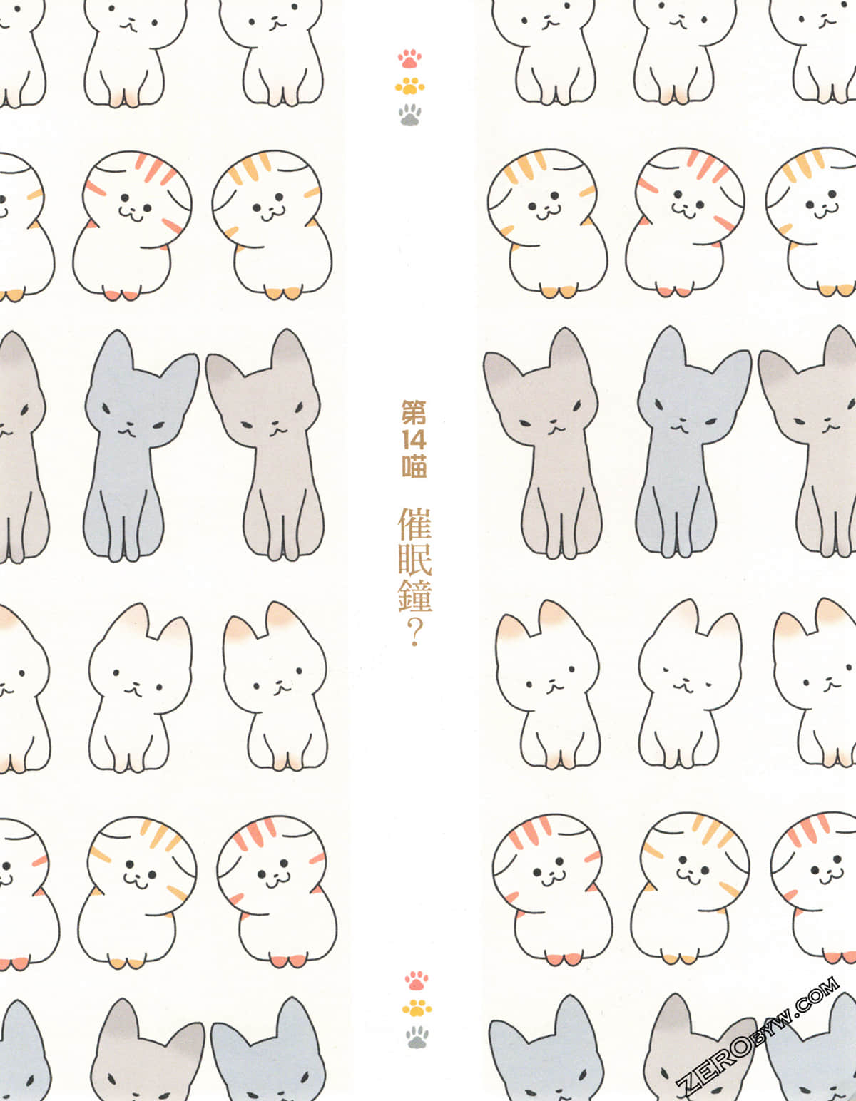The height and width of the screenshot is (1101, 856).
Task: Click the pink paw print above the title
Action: [409, 58]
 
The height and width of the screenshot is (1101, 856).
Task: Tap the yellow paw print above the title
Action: [409, 86]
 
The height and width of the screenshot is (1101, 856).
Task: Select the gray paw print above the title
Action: [410, 115]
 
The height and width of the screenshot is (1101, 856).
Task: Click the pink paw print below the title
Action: [417, 980]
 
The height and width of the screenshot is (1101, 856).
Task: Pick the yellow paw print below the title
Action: [417, 1008]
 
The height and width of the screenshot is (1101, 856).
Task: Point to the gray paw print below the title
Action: [417, 1036]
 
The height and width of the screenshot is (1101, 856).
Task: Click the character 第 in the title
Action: [414, 412]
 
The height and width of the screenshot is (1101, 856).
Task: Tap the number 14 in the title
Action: [414, 439]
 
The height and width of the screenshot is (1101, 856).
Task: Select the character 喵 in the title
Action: [414, 466]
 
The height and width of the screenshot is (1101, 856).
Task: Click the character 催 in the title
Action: [415, 524]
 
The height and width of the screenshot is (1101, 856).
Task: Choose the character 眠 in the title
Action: [415, 560]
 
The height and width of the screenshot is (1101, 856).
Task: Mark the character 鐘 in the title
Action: [415, 596]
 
